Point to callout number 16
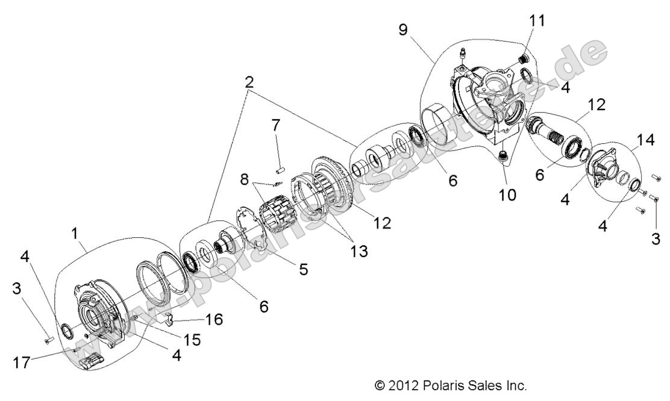click(213, 319)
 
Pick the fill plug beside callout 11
click(524, 59)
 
